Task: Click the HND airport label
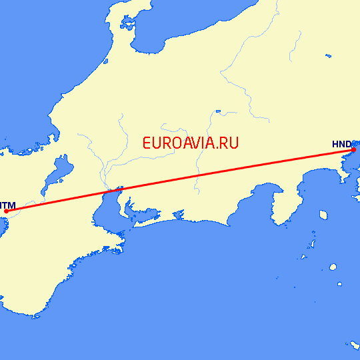tap(341, 143)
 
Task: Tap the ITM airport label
tap(8, 204)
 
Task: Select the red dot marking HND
tap(353, 150)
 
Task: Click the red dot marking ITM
tap(6, 211)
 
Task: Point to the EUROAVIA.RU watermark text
tap(190, 142)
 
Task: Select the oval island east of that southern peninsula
tap(323, 215)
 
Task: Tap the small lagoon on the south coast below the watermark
tap(178, 213)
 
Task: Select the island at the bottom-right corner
tap(354, 345)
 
